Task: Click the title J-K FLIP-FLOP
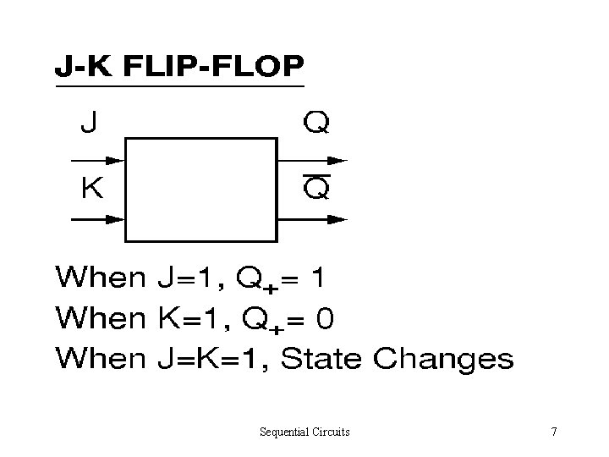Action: (x=178, y=66)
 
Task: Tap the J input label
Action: (x=88, y=124)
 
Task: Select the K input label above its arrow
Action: (x=91, y=188)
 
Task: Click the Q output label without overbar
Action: (x=317, y=124)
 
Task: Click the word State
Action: (x=322, y=359)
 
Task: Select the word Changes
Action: (x=443, y=361)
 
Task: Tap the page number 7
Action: (x=553, y=432)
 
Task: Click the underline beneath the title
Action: (x=178, y=86)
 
